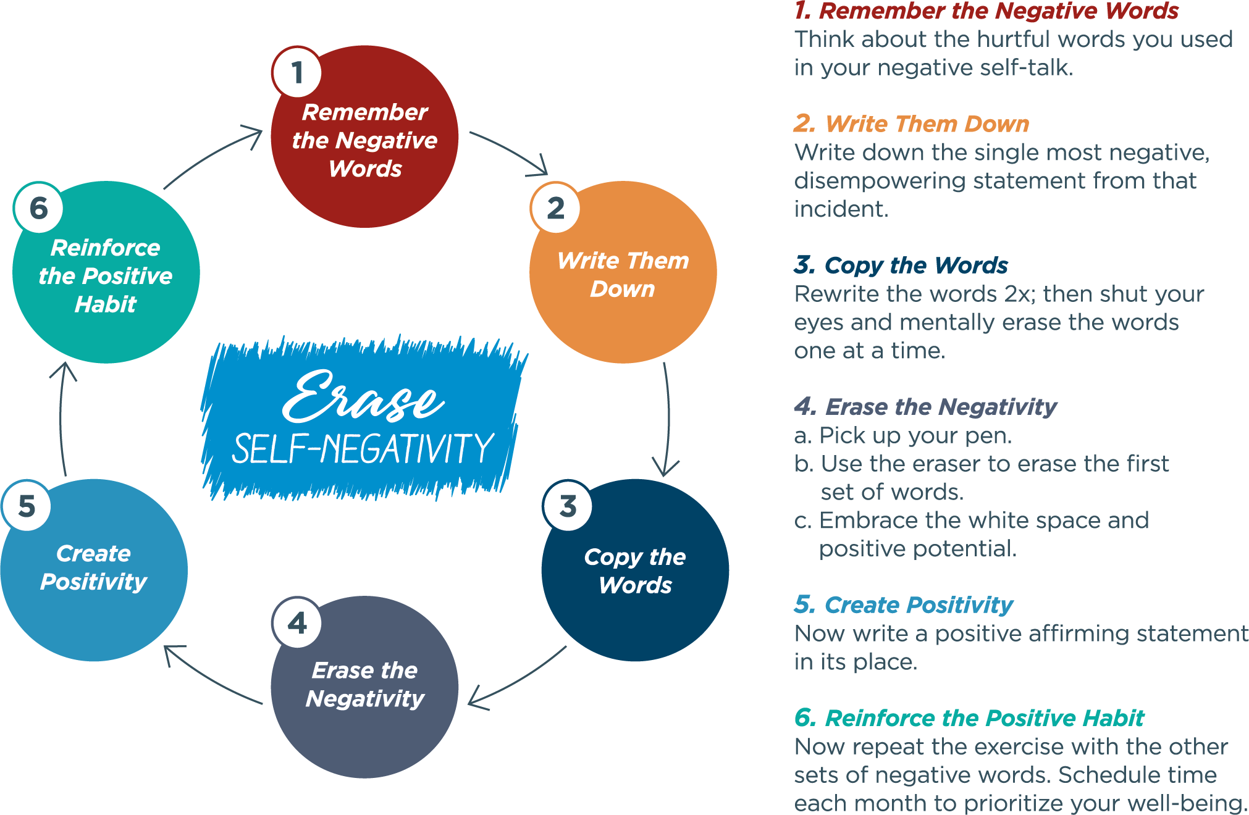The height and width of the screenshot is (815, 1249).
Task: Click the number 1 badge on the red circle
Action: [x=296, y=72]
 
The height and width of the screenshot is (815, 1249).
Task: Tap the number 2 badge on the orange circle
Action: [x=555, y=208]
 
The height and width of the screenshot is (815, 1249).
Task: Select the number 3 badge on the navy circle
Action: [x=568, y=506]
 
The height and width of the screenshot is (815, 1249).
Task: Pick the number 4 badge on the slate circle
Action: [x=297, y=623]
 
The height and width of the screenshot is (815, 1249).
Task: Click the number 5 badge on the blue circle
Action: [x=27, y=506]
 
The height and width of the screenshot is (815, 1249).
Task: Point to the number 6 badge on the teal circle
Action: [x=38, y=208]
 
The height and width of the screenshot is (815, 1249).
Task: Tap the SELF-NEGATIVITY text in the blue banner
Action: [x=363, y=448]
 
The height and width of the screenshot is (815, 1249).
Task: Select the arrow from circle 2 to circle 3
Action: [x=667, y=420]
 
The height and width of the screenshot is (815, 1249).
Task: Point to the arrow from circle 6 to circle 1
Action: [x=213, y=154]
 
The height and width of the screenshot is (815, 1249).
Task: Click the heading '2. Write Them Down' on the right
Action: [x=912, y=124]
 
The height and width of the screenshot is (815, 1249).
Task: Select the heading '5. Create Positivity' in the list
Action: [x=903, y=605]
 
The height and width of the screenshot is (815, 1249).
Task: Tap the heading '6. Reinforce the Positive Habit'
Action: [x=969, y=718]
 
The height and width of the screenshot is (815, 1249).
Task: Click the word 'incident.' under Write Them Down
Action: [x=841, y=209]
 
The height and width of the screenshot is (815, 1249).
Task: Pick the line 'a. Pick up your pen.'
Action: [x=902, y=436]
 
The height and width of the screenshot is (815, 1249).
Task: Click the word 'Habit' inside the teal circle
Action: [x=106, y=304]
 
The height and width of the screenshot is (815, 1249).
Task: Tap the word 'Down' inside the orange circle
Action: [x=622, y=289]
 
